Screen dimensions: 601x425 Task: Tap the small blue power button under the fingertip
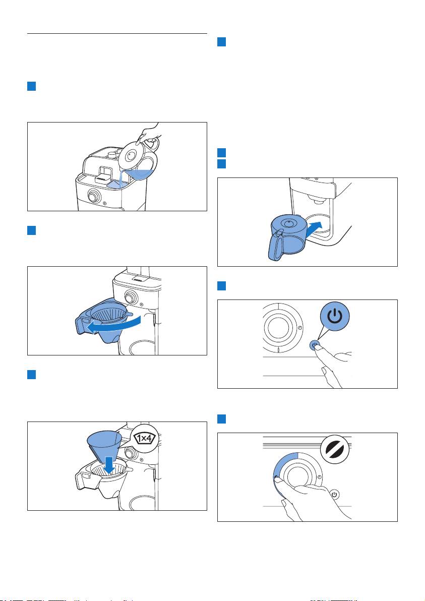(x=314, y=345)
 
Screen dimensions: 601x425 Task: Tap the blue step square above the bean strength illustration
(x=221, y=418)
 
